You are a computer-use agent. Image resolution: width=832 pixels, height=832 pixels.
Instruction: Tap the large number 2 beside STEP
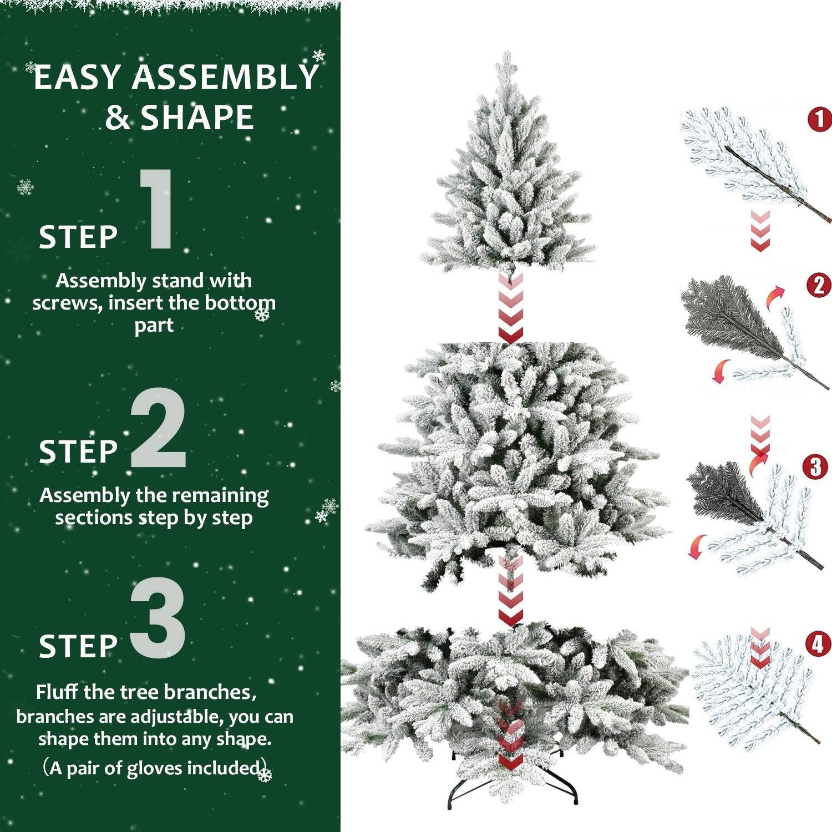pos(158,428)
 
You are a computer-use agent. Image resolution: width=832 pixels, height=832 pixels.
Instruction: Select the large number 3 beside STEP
pos(158,618)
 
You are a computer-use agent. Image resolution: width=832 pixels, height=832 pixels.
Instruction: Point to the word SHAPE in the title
pos(197,118)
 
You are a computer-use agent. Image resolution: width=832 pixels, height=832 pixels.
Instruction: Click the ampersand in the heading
pos(117,118)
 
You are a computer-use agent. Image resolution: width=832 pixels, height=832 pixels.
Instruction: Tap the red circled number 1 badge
pos(820,119)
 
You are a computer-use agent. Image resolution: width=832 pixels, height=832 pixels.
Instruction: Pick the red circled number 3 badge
pos(815,467)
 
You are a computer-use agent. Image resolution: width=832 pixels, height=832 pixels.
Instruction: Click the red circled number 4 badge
pos(818,644)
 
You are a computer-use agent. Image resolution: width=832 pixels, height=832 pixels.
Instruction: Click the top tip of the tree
pos(506,55)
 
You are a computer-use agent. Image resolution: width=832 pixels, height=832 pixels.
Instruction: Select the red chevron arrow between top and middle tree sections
pos(510,311)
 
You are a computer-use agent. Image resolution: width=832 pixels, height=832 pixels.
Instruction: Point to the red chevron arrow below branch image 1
pos(760,230)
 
